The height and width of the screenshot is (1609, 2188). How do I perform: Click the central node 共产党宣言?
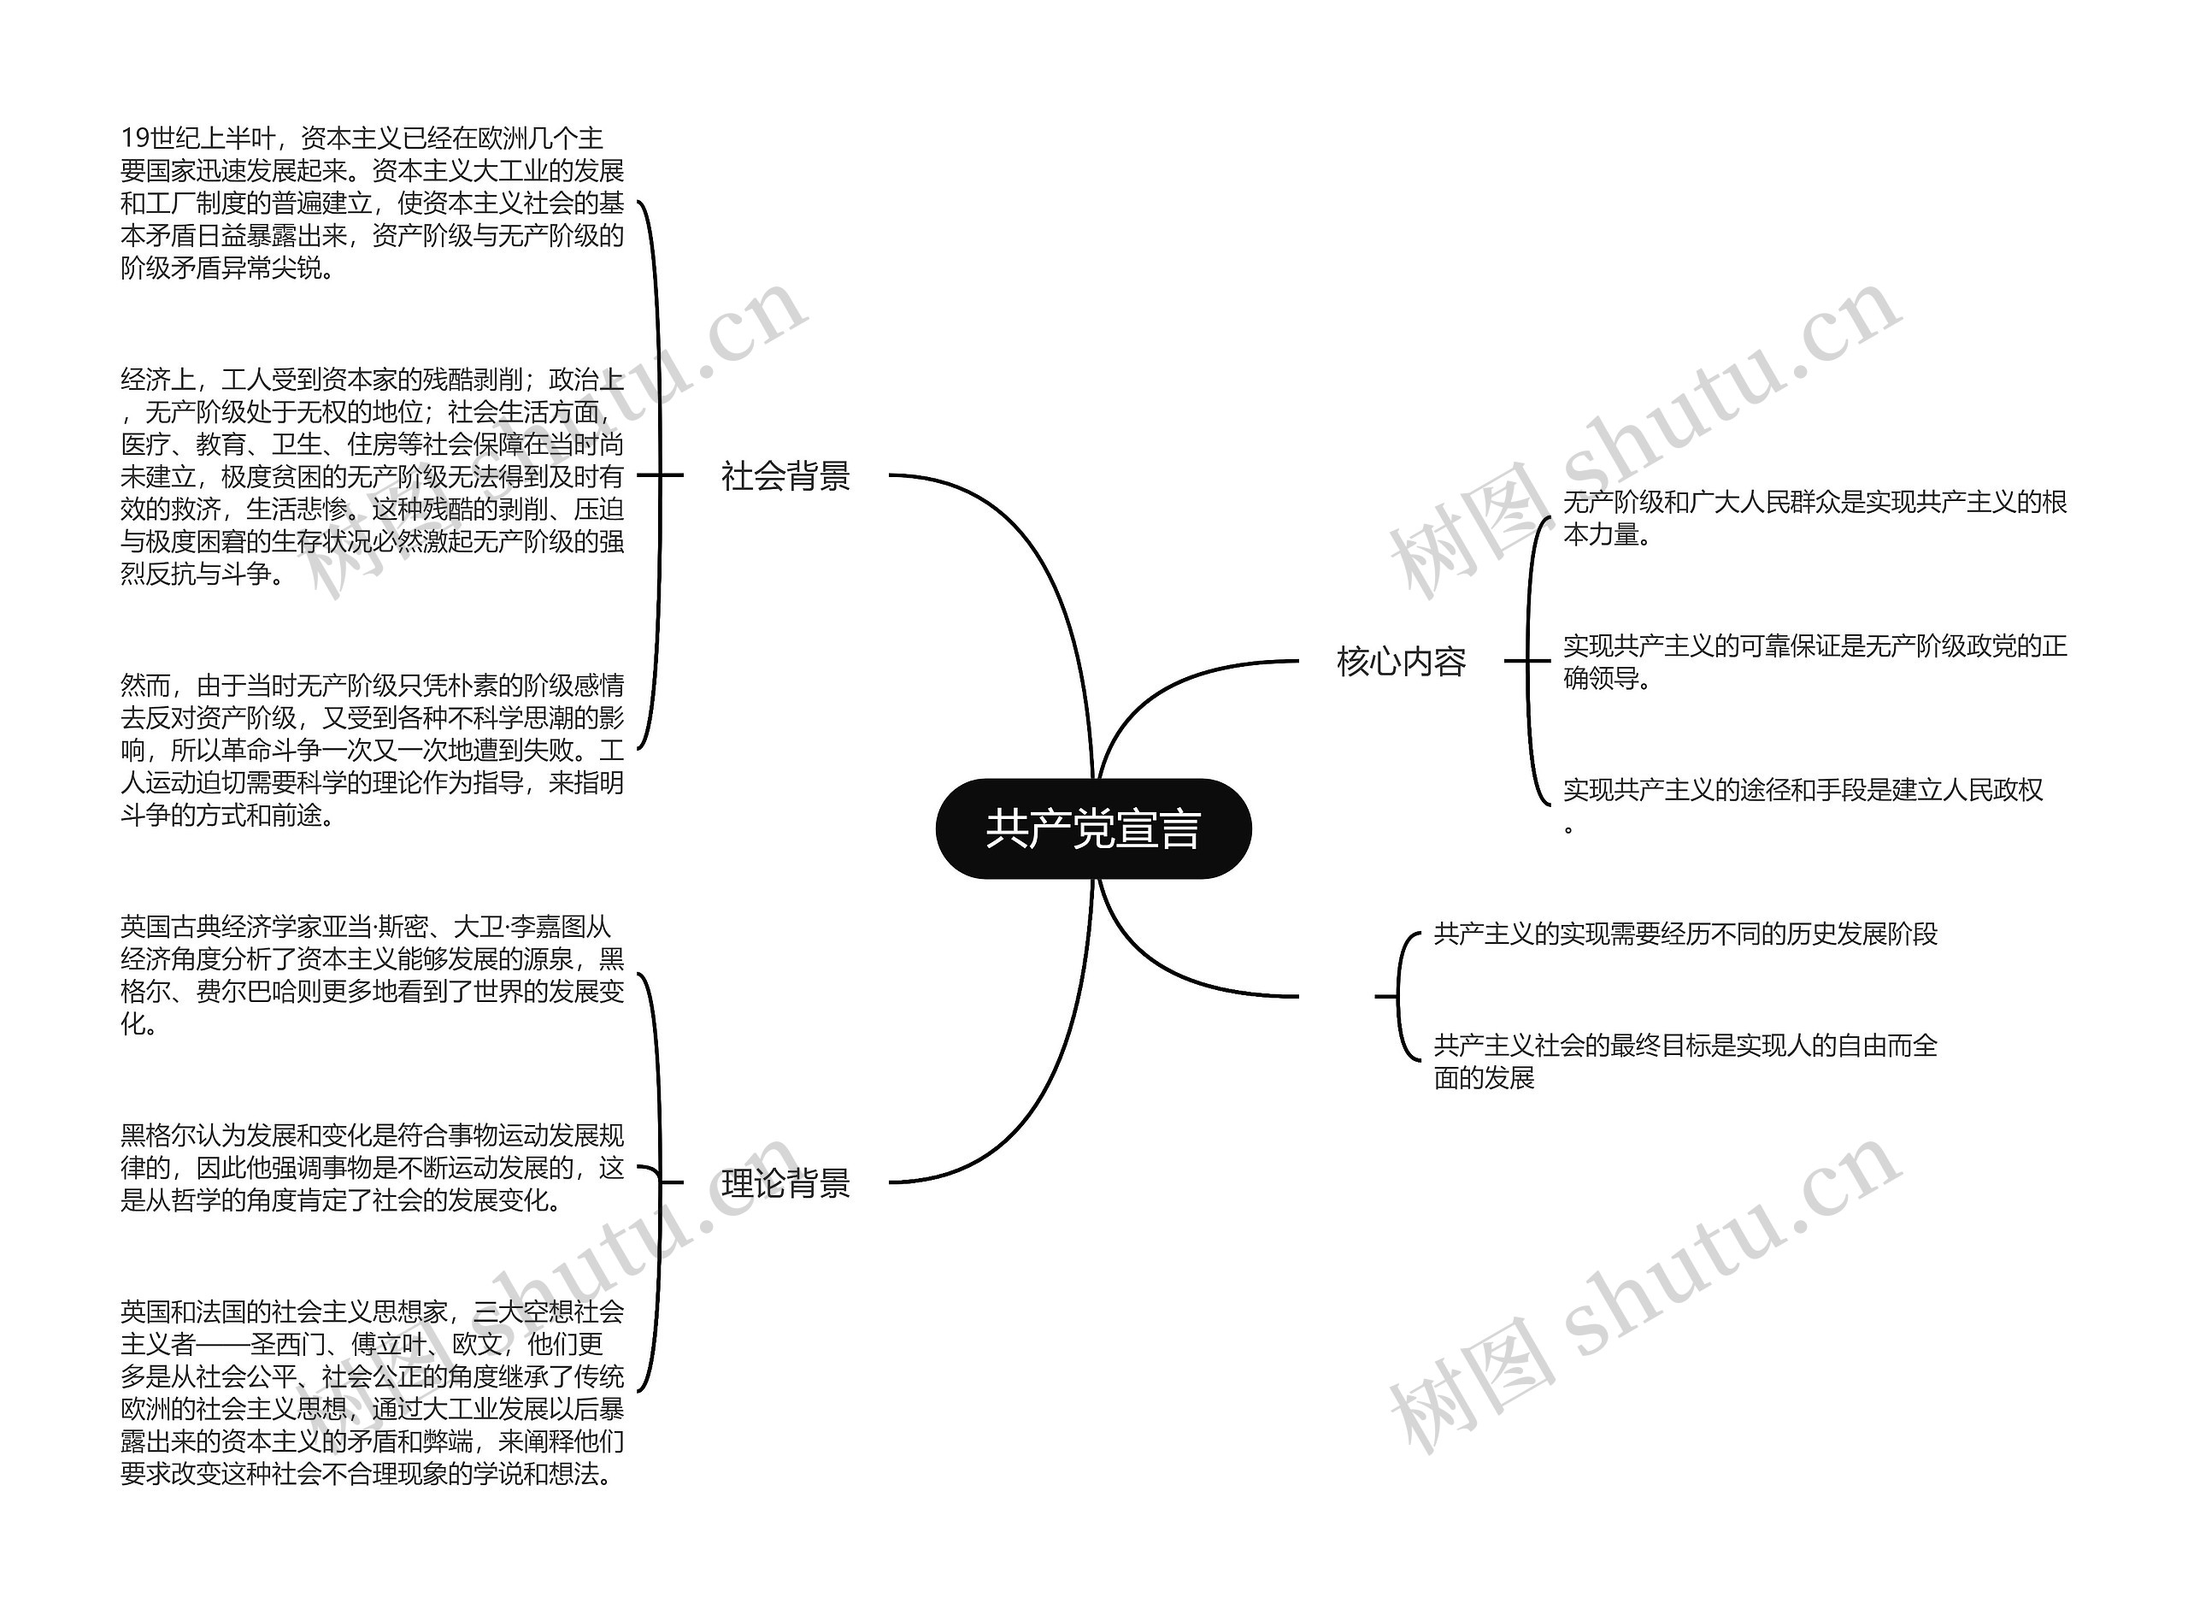click(1092, 828)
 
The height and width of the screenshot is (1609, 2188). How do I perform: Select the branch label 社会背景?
click(785, 476)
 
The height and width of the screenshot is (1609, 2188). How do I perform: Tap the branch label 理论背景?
click(785, 1183)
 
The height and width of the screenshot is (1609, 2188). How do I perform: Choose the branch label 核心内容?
click(1401, 662)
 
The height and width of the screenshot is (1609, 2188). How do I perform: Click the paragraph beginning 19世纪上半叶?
click(371, 203)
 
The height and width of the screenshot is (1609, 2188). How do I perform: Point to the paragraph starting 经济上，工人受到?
click(371, 475)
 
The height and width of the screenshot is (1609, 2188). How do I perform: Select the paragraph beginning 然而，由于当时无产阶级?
click(371, 750)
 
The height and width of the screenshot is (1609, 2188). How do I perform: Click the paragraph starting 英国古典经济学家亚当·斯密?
click(371, 975)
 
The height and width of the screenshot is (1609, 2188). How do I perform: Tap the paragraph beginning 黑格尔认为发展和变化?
click(371, 1167)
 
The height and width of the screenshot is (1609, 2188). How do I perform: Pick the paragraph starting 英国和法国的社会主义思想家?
click(371, 1393)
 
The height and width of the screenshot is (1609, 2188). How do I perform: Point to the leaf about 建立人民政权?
click(1802, 791)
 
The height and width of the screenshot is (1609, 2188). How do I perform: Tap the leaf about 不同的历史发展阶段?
click(1685, 934)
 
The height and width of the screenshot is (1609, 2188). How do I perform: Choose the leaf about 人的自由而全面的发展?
click(1685, 1061)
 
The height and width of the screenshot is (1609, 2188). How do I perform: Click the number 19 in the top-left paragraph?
click(134, 139)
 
